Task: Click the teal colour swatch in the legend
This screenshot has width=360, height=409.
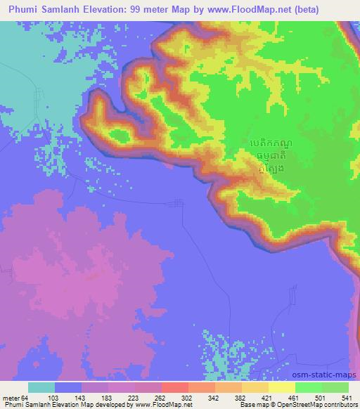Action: (41, 387)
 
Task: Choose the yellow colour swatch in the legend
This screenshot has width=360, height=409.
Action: (281, 387)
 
